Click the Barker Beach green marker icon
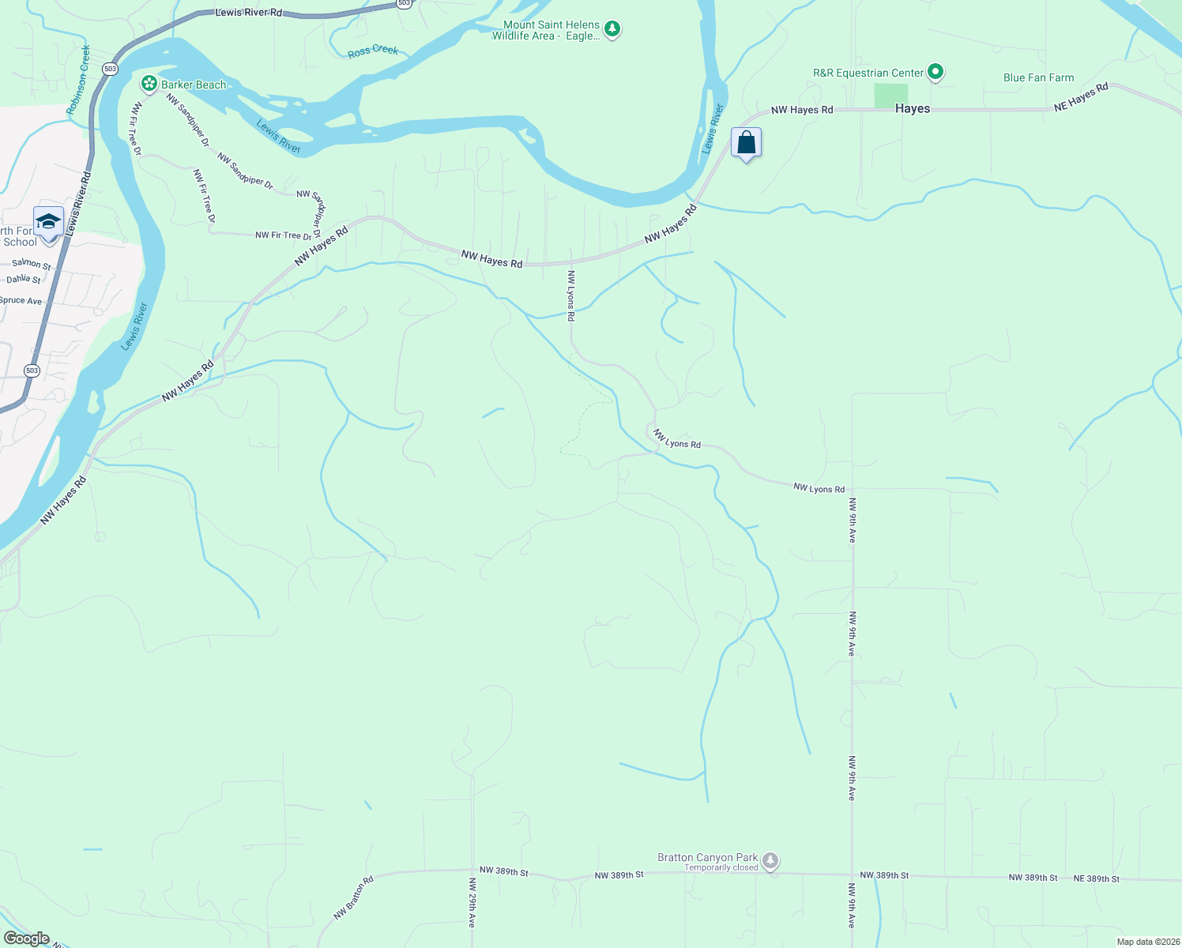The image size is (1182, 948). coord(149,84)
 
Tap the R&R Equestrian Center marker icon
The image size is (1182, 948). coord(935,73)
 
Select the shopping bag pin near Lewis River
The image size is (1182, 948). coord(746,143)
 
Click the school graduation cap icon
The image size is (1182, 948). coord(48,222)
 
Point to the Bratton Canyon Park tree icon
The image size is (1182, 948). coord(770,860)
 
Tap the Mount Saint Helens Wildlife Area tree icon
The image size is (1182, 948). coord(612,30)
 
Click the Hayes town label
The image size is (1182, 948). coord(913,109)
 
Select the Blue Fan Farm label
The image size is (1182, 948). coord(1038,77)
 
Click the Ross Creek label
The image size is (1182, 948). coord(373,51)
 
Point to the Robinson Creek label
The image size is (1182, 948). coord(79,79)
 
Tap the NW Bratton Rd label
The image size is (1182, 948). coord(353,897)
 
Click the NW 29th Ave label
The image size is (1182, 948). coord(472,902)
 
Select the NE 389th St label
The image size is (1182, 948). coord(1096,878)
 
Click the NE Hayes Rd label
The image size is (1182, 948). coord(1081,97)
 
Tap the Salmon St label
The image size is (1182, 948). coord(32,264)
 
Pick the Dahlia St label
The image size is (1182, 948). coord(24,279)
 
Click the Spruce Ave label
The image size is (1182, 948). coord(21,301)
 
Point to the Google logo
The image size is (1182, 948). coord(27,939)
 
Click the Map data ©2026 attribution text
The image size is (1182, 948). coord(1148,942)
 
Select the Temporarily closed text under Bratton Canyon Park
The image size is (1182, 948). coord(721,867)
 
